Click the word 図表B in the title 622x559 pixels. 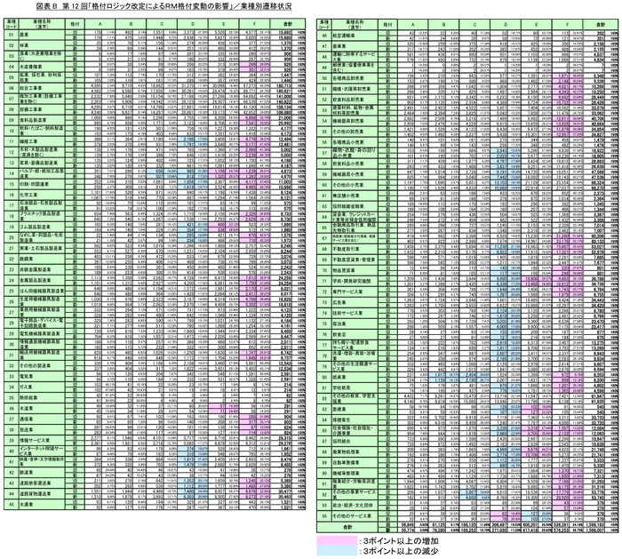(x=18, y=6)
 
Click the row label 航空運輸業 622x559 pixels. (x=343, y=34)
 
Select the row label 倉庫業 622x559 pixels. (x=339, y=44)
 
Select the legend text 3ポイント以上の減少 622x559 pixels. (x=392, y=550)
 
